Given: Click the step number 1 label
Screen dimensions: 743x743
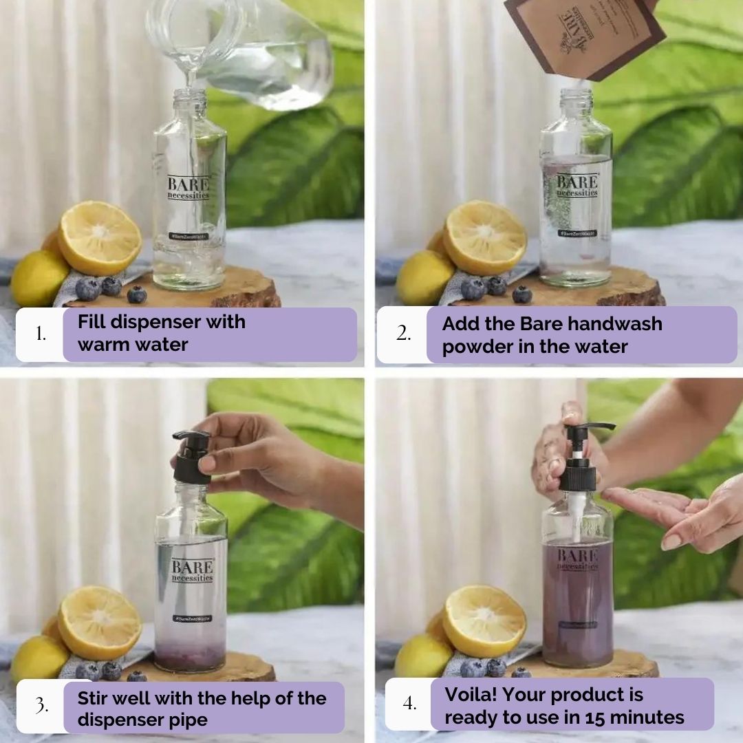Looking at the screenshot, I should (41, 334).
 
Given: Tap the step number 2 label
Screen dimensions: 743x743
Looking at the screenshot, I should (402, 334).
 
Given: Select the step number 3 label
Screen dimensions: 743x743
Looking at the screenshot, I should (41, 707).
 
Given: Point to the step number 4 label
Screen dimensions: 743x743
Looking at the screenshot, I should (409, 704).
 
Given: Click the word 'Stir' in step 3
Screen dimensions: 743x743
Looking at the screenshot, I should (94, 698).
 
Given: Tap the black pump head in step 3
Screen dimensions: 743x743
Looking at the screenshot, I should (192, 457).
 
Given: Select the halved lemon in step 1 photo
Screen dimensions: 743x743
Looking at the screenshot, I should (100, 237).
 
